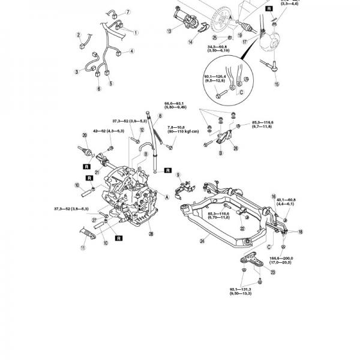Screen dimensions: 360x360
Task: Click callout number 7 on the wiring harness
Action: (x=128, y=12)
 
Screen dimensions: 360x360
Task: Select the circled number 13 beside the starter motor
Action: (x=170, y=30)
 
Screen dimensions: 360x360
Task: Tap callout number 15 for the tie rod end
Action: (x=277, y=85)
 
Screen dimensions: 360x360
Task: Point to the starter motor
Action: (x=187, y=19)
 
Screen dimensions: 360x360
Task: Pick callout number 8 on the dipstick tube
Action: (x=161, y=115)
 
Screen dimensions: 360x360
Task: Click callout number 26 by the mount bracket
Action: (x=235, y=149)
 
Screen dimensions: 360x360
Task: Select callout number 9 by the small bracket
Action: (x=178, y=174)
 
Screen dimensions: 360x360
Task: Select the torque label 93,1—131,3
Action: (x=242, y=292)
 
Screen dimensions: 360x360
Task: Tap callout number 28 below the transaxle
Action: (x=151, y=233)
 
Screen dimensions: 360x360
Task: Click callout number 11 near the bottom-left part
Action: (x=83, y=248)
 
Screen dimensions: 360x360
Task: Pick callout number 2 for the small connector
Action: (x=79, y=34)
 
